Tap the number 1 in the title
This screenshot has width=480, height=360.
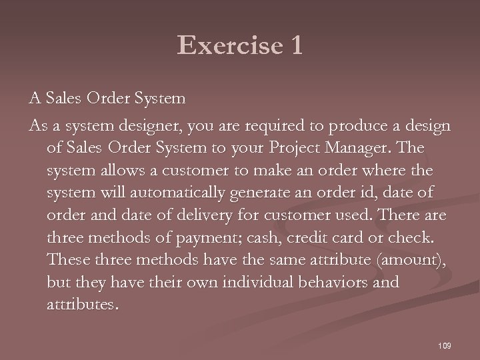tap(294, 45)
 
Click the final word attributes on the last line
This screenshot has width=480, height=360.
tap(84, 304)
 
